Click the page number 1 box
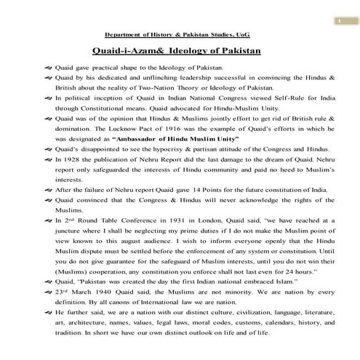click(x=338, y=20)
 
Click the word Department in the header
click(x=121, y=34)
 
